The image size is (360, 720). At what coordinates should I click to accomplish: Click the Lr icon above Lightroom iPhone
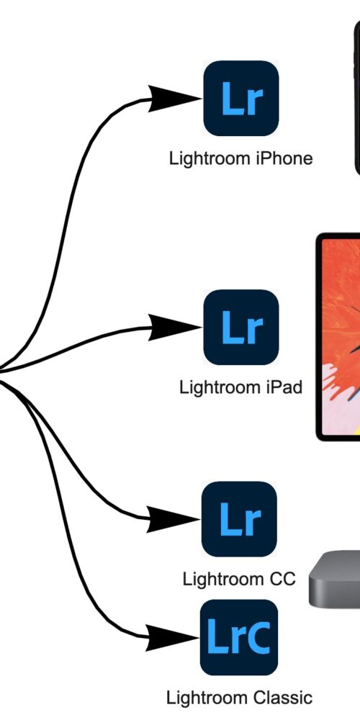(x=241, y=98)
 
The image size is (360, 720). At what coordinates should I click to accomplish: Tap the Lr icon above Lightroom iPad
(x=241, y=328)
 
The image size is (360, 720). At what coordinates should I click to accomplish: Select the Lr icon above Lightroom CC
(x=239, y=519)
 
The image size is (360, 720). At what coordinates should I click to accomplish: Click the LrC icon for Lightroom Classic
(x=239, y=637)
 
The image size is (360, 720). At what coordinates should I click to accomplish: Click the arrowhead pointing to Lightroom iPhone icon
(x=174, y=98)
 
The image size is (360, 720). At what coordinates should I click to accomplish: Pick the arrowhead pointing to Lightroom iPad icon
(x=174, y=328)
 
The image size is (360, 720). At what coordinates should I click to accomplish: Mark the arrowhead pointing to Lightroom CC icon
(x=172, y=519)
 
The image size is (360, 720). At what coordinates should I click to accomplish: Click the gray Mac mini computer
(x=334, y=579)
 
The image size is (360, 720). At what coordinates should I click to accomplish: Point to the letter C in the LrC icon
(x=258, y=637)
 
